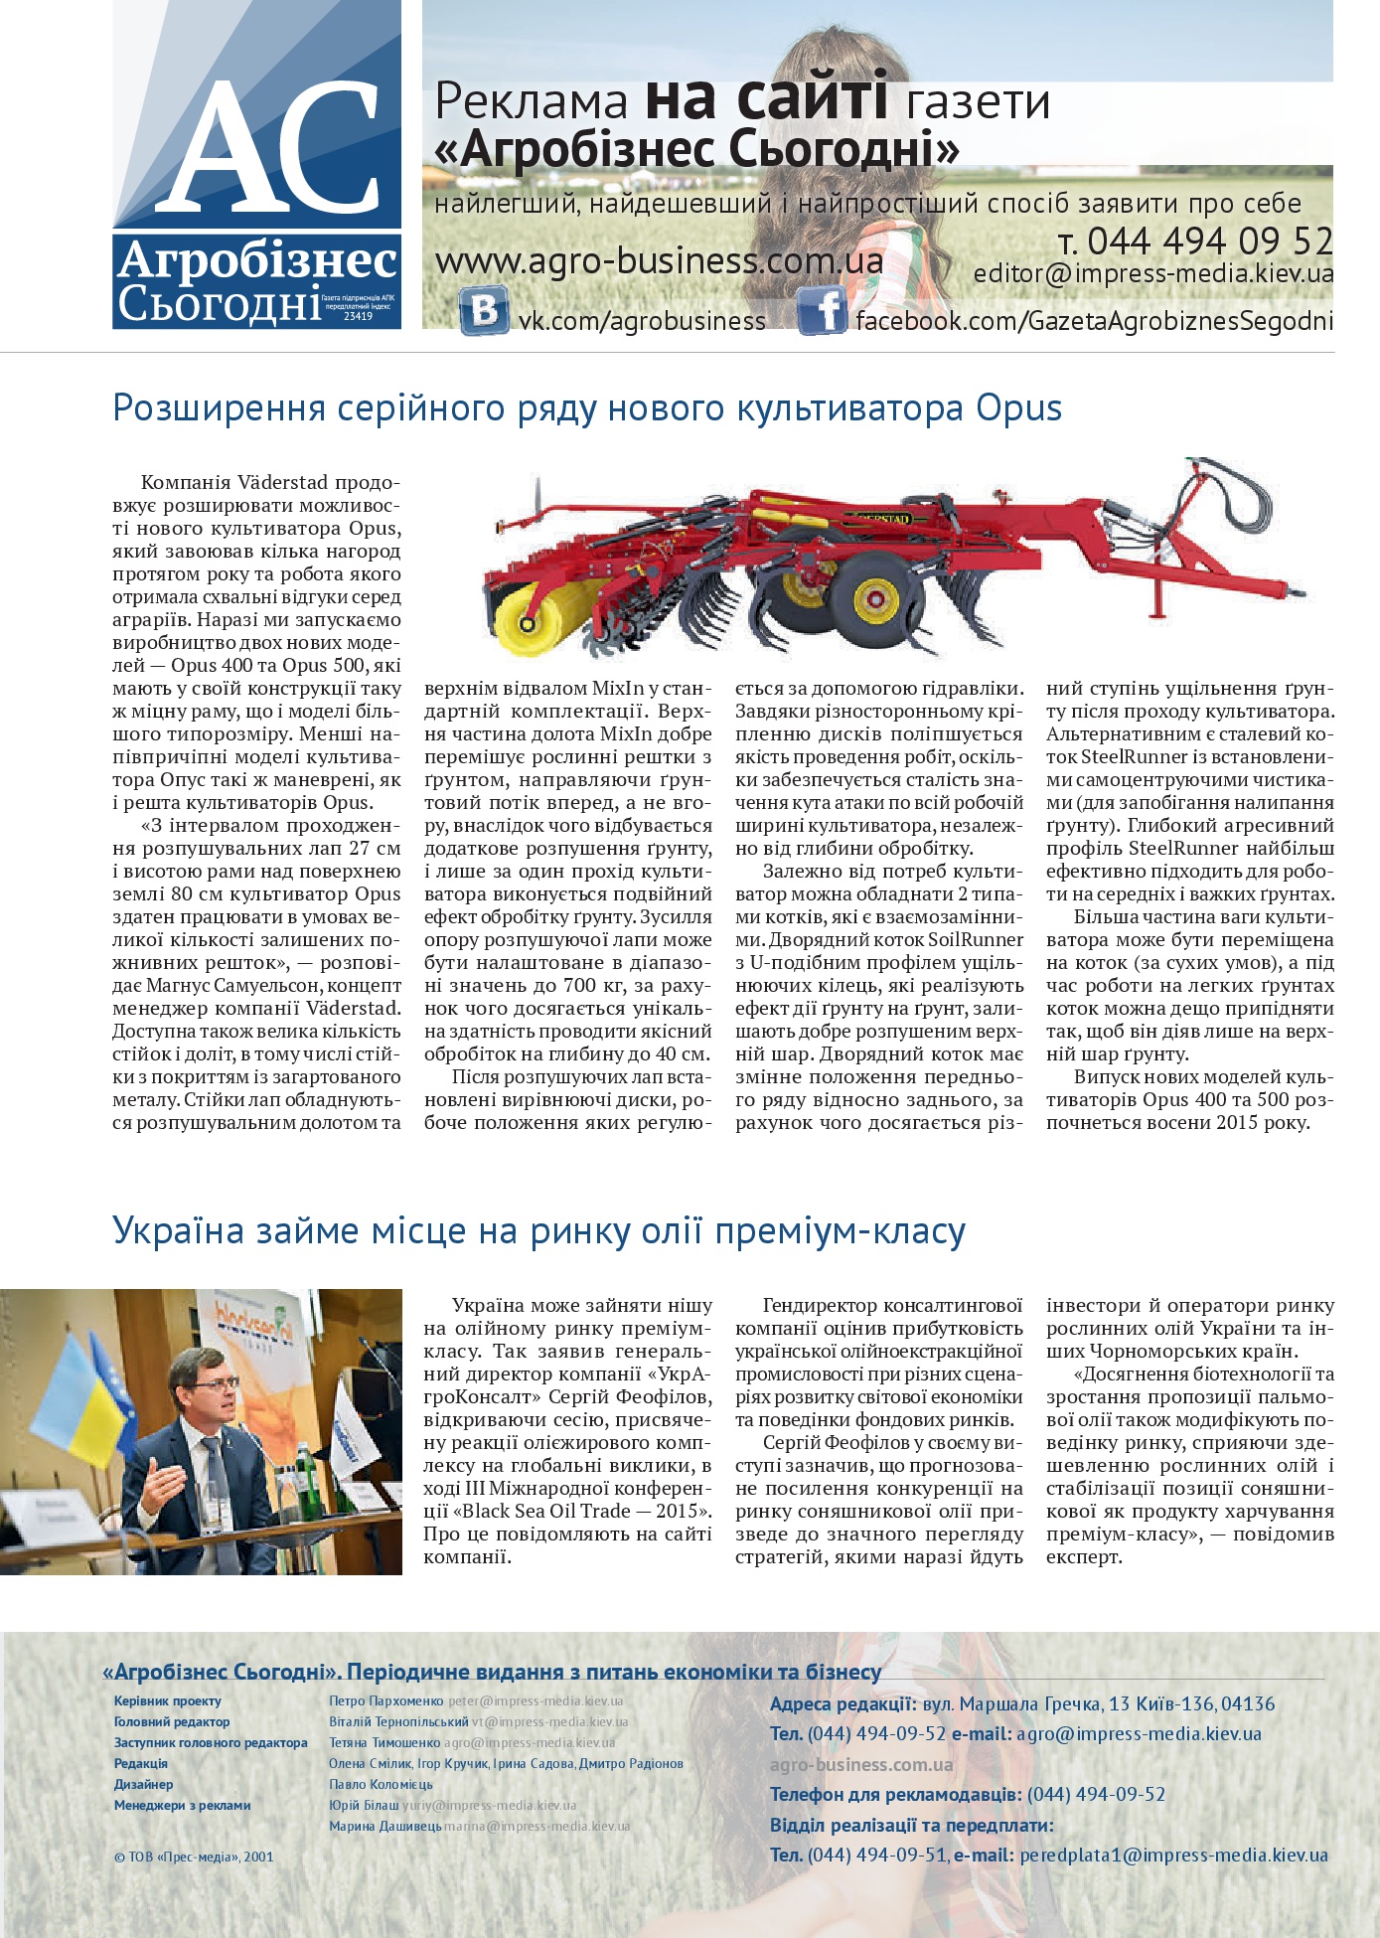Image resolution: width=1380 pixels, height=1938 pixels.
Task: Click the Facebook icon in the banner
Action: pos(822,311)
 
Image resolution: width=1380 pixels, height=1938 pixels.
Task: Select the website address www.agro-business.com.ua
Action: pos(659,261)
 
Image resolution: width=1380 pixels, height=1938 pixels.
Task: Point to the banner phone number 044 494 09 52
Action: pos(1209,242)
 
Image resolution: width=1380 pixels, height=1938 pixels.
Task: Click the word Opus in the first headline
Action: pos(1018,408)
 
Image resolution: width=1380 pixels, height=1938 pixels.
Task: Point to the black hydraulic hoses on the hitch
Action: pos(1242,507)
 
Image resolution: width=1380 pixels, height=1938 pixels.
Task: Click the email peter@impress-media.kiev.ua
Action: pos(536,1700)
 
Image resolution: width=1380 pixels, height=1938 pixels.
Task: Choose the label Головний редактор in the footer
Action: pos(172,1721)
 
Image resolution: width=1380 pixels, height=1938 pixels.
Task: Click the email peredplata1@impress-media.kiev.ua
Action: pos(1173,1855)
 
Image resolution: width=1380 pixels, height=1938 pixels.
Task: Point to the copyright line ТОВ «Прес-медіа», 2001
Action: pos(194,1856)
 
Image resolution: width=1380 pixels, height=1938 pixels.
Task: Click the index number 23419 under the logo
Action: pos(358,316)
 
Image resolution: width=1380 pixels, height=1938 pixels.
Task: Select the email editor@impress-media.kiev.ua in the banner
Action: pos(1153,273)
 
